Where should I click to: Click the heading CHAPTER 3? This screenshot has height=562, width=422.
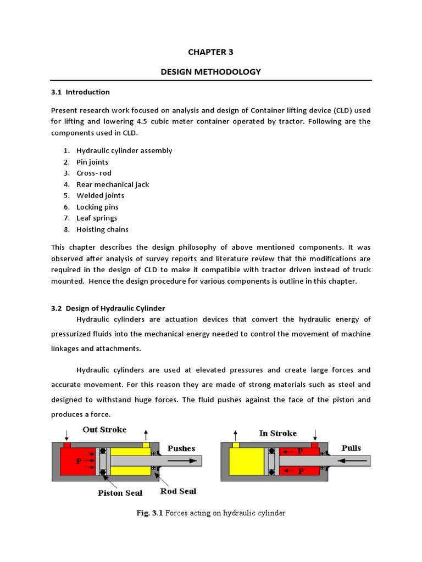(211, 52)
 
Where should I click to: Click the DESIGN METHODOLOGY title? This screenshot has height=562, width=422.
(211, 72)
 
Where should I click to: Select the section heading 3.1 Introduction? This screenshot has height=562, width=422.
(80, 92)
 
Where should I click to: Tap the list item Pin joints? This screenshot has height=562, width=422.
(92, 162)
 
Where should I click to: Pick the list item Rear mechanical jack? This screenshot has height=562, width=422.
(113, 184)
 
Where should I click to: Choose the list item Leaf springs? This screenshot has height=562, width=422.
(97, 218)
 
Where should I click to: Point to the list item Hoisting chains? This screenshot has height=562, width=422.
(102, 229)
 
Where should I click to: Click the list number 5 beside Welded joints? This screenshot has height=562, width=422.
(66, 196)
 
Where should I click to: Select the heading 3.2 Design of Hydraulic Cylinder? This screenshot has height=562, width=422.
(108, 308)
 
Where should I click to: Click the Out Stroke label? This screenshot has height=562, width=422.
(104, 430)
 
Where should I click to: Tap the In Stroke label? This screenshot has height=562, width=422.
(277, 434)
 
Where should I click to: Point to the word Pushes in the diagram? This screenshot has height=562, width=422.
(181, 448)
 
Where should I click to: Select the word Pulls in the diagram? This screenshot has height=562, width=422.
(351, 448)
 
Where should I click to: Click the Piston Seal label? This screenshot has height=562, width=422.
(120, 492)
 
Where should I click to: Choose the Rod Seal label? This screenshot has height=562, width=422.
(178, 491)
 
